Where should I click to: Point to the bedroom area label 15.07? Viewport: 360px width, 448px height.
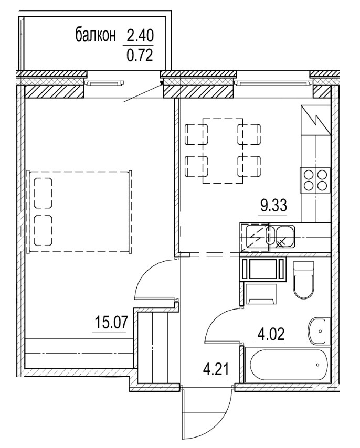[x=110, y=321]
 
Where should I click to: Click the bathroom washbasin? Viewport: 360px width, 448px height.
[x=318, y=328]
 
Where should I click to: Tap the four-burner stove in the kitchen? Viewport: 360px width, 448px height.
[x=314, y=180]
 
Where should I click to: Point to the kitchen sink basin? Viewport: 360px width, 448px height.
[x=284, y=234]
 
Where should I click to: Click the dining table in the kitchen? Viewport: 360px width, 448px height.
[x=224, y=151]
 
